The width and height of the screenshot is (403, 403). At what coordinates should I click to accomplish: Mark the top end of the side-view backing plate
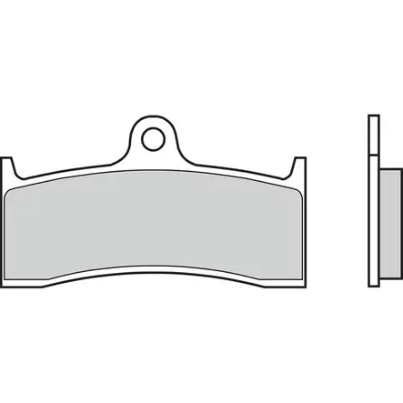point(372,116)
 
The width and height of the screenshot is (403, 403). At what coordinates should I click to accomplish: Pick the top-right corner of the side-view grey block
point(398,171)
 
